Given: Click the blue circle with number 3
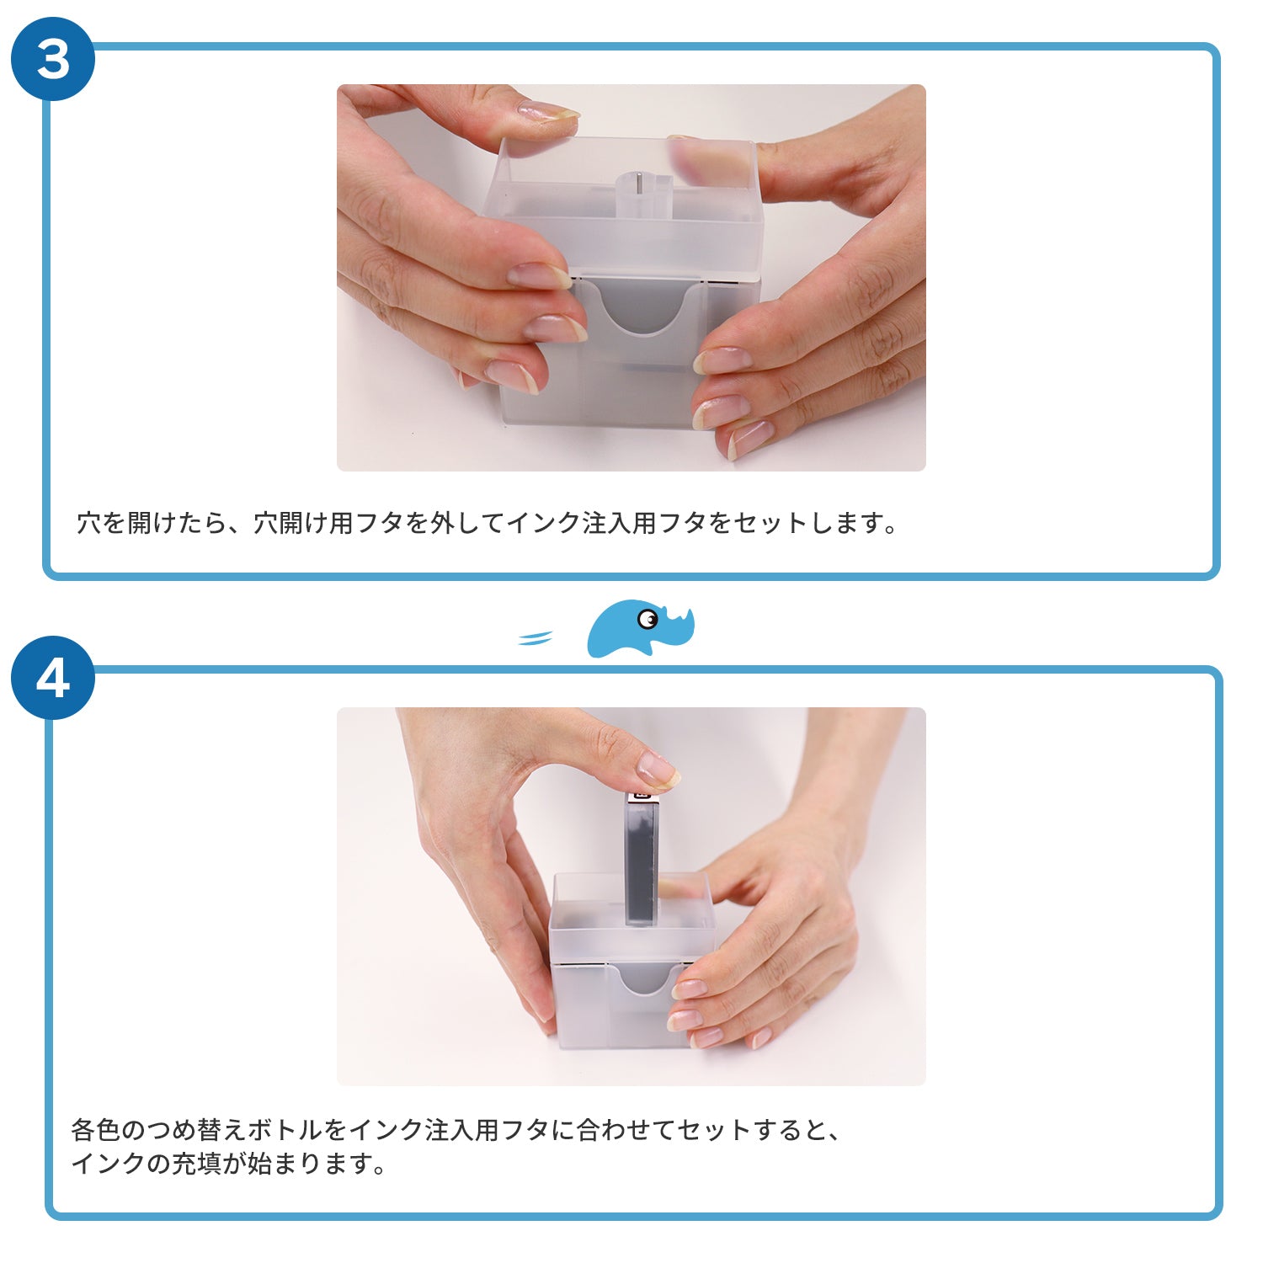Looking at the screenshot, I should click(52, 59).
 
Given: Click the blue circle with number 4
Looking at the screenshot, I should click(52, 678).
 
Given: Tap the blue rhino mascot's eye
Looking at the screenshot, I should click(647, 620).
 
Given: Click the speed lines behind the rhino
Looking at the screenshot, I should click(535, 638).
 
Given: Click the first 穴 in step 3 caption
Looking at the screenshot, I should click(89, 523).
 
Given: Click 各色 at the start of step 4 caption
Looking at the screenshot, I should click(96, 1129).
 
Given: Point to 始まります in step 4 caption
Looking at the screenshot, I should click(308, 1164).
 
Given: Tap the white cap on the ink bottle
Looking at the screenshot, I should click(642, 793).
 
